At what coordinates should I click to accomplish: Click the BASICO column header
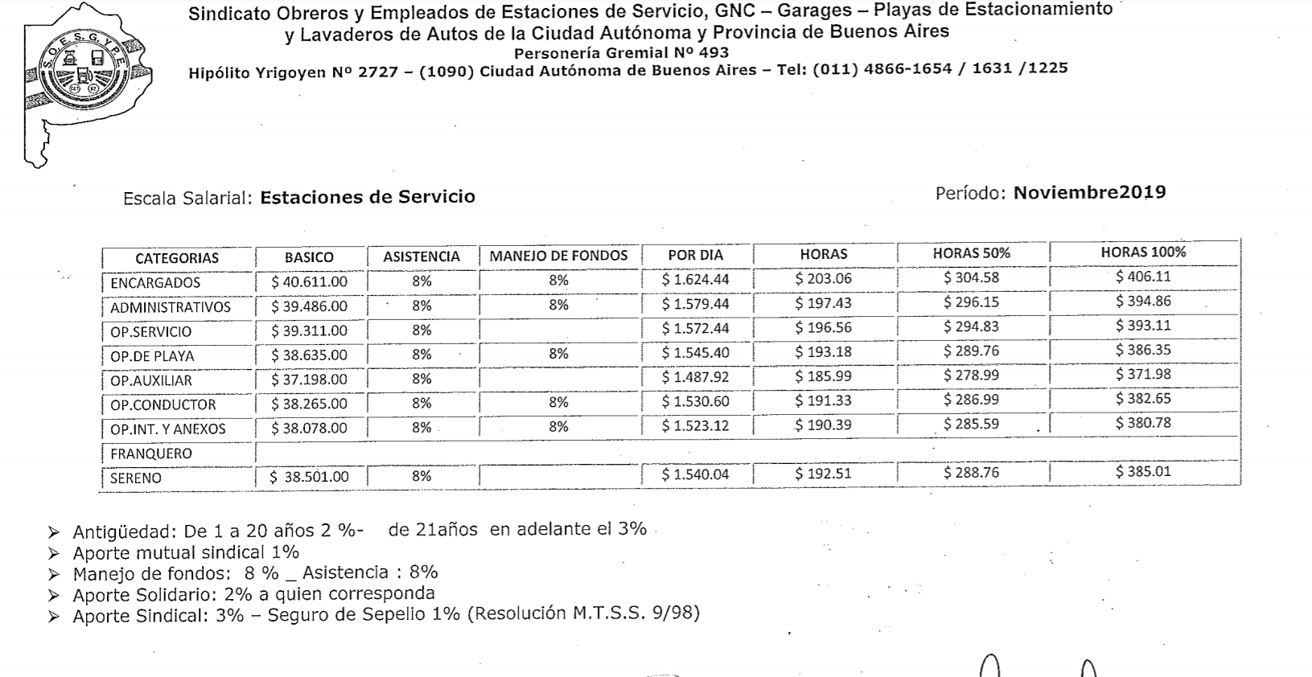pyautogui.click(x=309, y=257)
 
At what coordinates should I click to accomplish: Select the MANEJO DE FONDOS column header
pyautogui.click(x=558, y=256)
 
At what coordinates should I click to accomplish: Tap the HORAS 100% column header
pyautogui.click(x=1143, y=252)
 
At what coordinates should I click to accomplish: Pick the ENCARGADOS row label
pyautogui.click(x=155, y=283)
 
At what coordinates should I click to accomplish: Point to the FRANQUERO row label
pyautogui.click(x=151, y=453)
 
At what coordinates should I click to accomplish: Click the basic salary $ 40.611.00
pyautogui.click(x=309, y=281)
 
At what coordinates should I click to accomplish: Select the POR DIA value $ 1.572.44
pyautogui.click(x=695, y=328)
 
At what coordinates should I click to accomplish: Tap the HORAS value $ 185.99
pyautogui.click(x=823, y=376)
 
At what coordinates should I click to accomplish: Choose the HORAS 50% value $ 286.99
pyautogui.click(x=971, y=400)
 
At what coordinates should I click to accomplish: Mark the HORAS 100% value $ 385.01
pyautogui.click(x=1143, y=471)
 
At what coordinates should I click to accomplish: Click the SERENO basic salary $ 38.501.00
pyautogui.click(x=309, y=477)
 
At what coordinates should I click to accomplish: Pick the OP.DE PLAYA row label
pyautogui.click(x=152, y=356)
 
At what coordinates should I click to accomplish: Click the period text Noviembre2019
pyautogui.click(x=1089, y=192)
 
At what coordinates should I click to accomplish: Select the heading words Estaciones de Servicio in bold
pyautogui.click(x=368, y=197)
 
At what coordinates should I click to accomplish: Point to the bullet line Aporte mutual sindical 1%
pyautogui.click(x=186, y=552)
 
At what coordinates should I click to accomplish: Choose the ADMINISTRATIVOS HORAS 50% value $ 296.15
pyautogui.click(x=971, y=303)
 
